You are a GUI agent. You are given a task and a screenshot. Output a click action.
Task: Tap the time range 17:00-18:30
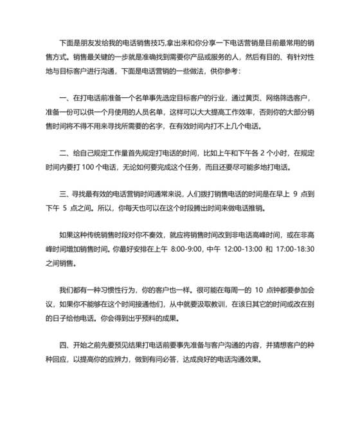(x=295, y=248)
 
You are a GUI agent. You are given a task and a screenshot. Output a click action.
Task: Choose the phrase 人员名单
(x=151, y=112)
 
